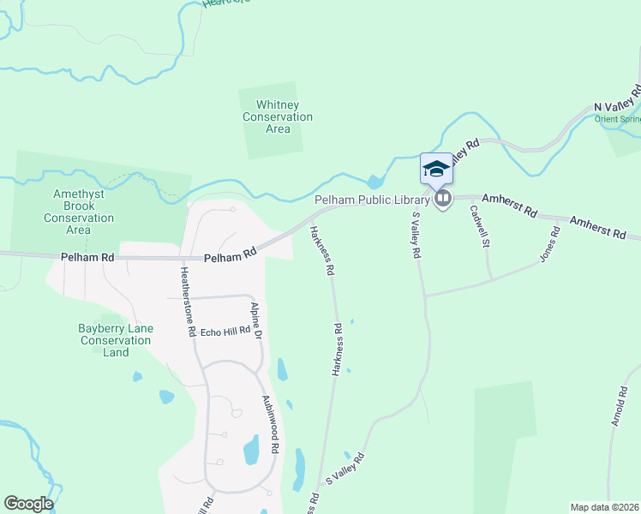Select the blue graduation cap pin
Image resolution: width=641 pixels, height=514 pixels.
coord(436,168)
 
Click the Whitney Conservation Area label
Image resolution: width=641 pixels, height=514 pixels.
coord(278,117)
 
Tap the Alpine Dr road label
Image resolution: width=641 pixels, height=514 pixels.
coord(255,321)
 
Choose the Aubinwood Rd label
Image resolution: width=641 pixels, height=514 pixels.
coord(271,424)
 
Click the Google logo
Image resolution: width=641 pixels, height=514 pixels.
coord(28,504)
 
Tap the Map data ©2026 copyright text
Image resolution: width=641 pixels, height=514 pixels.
coord(604,507)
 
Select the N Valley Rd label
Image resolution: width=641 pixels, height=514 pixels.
coord(619,99)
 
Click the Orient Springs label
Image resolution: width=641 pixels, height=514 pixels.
coord(618,119)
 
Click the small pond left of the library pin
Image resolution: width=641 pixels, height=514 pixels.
coord(374,181)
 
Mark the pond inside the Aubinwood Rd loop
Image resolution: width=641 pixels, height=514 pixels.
coord(251,449)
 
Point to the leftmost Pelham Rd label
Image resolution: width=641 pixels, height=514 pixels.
coord(87,256)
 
